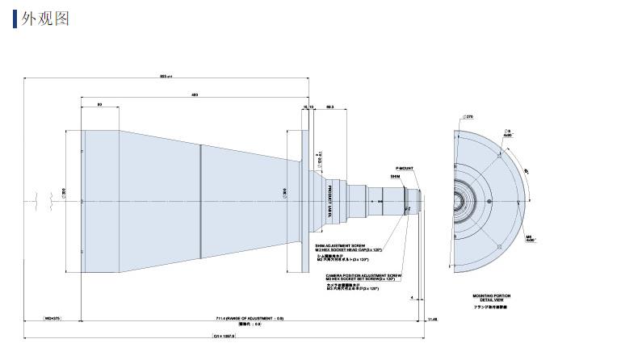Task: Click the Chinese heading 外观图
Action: pyautogui.click(x=45, y=18)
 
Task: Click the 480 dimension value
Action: pyautogui.click(x=195, y=94)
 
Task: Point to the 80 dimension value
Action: pyautogui.click(x=99, y=105)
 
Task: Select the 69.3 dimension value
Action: pyautogui.click(x=330, y=105)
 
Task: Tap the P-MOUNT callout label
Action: pyautogui.click(x=404, y=167)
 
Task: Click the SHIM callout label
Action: pyautogui.click(x=395, y=175)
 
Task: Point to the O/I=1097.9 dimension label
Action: pyautogui.click(x=224, y=336)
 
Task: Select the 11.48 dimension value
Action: pyautogui.click(x=431, y=319)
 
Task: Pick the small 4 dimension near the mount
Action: pyautogui.click(x=412, y=297)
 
